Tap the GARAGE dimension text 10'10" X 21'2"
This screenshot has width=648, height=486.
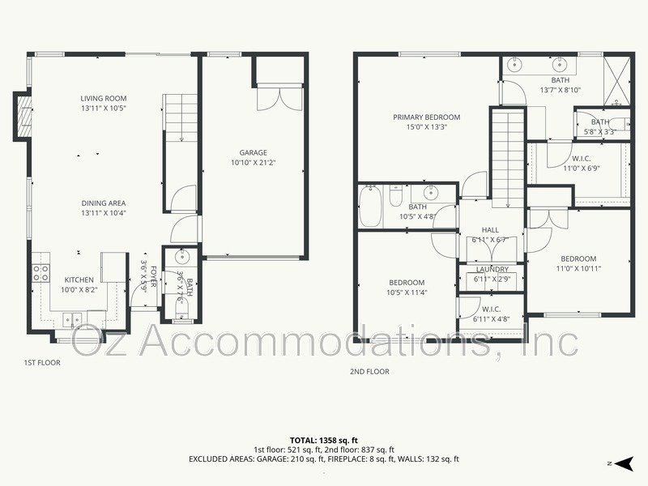click(253, 163)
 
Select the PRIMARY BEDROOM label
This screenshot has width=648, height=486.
click(426, 117)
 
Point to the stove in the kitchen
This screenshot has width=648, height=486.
click(40, 273)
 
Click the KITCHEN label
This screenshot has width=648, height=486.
click(79, 279)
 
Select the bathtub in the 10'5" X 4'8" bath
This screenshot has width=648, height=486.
click(371, 207)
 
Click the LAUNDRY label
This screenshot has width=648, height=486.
click(492, 270)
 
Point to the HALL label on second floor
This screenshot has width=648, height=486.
click(490, 230)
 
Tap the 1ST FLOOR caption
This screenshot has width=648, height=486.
click(42, 363)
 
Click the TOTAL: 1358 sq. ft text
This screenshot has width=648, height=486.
click(324, 438)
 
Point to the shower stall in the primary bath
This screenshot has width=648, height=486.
click(615, 77)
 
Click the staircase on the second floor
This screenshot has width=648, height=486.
click(509, 158)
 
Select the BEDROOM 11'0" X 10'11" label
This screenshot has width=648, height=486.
click(579, 259)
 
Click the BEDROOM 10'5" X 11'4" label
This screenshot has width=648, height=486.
click(406, 283)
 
